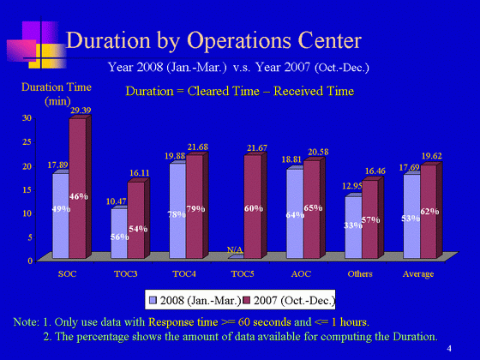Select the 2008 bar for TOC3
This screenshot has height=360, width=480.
(119, 232)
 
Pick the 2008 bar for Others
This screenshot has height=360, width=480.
(353, 226)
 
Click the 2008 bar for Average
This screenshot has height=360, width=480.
(412, 215)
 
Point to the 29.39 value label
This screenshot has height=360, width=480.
(81, 111)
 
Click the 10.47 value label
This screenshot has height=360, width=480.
(117, 201)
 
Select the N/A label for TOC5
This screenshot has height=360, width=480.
(235, 250)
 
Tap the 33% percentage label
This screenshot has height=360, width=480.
(353, 225)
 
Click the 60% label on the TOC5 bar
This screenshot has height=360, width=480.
(254, 208)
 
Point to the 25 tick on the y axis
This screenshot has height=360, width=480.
(27, 142)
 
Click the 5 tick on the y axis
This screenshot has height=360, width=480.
(30, 237)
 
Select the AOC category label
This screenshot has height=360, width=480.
(301, 273)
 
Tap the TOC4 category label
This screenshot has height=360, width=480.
(184, 273)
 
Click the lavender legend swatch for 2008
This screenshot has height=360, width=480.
(153, 300)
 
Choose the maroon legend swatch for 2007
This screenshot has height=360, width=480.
(247, 300)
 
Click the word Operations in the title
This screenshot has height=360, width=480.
(239, 41)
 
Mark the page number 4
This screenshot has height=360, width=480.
(449, 348)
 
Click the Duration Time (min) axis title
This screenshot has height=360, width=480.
(57, 94)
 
